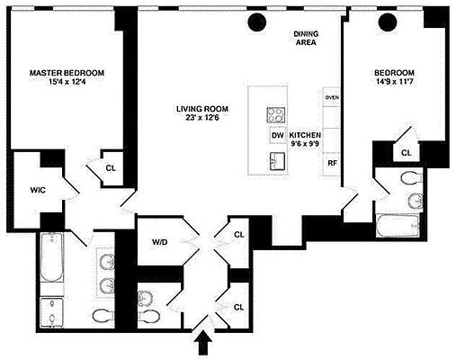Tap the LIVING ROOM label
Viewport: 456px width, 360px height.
(200, 110)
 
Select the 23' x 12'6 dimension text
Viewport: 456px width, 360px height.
(200, 121)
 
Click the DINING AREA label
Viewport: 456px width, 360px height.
(307, 39)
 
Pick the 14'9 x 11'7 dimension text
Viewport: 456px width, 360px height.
(395, 85)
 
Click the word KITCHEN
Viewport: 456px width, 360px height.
(305, 135)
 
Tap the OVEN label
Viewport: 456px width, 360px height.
(332, 97)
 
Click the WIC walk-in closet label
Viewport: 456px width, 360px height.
(37, 189)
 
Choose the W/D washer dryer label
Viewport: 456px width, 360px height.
(159, 240)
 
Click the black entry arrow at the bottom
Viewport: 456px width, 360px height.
(204, 343)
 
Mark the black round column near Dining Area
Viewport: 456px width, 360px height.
(258, 22)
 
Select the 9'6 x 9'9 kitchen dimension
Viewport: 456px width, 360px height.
(305, 146)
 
